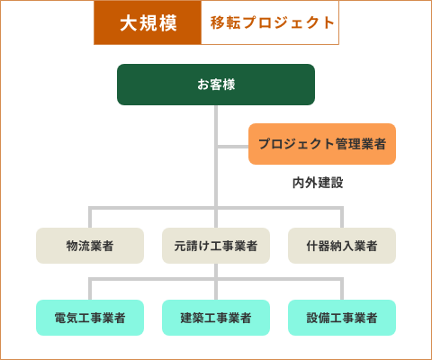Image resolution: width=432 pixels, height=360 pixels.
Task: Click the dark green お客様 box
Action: [216, 85]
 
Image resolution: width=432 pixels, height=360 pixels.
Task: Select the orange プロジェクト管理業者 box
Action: [322, 144]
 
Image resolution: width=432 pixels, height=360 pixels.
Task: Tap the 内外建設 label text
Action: [318, 183]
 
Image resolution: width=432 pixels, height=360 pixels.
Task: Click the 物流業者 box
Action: [90, 246]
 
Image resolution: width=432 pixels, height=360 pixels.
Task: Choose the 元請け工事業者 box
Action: [216, 246]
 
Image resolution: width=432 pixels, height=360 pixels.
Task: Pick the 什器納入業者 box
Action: [342, 246]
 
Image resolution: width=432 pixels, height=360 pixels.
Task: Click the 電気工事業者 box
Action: [90, 318]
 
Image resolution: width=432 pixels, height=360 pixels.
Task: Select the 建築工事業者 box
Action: [216, 318]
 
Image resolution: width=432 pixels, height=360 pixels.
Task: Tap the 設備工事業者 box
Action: [342, 318]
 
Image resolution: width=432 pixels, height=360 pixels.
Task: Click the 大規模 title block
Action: [148, 22]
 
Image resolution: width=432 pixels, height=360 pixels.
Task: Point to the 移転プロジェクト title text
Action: [273, 22]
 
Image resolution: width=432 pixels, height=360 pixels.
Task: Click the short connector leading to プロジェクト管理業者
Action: [233, 147]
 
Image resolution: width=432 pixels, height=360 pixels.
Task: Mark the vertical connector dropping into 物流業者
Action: [90, 217]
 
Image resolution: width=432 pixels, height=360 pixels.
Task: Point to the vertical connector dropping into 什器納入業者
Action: [342, 217]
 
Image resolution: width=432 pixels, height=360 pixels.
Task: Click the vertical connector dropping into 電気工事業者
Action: [90, 289]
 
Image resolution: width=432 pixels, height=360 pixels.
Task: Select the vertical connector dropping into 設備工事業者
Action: [342, 289]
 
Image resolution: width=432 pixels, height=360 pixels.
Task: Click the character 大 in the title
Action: [129, 23]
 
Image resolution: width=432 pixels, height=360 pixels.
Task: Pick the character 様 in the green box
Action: [229, 85]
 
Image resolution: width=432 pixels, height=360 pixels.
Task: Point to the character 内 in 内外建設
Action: [299, 183]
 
